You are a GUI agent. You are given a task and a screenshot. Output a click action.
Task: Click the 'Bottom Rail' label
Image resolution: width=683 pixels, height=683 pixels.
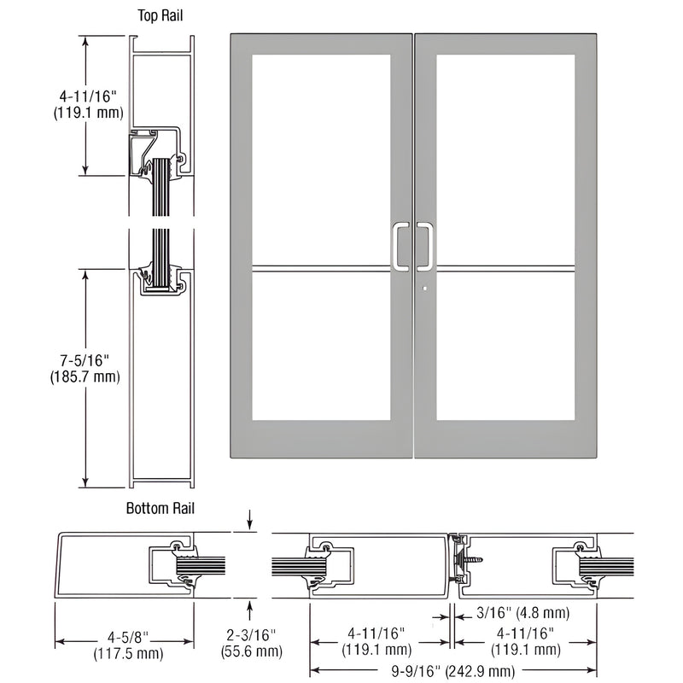point(161,509)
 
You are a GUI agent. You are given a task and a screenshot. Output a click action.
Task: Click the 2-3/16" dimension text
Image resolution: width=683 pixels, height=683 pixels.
point(251,636)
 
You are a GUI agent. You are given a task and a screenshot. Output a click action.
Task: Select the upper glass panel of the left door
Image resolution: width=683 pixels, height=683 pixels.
point(322,158)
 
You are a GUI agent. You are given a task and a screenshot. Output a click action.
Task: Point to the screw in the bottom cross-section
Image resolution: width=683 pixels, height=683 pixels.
point(470,556)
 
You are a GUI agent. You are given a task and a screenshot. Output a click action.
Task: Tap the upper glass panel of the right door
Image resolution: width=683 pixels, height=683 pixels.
point(505,158)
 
